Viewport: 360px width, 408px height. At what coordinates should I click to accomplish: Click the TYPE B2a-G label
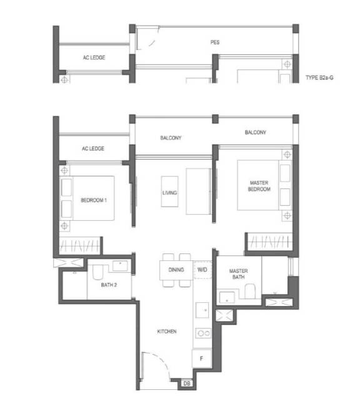coord(319,78)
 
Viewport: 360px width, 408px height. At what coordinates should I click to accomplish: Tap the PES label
coord(215,42)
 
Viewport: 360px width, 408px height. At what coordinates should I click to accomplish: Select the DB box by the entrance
coord(187,383)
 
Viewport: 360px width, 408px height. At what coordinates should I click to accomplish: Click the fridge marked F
coord(201,359)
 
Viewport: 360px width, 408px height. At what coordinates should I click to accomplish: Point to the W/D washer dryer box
coord(202,270)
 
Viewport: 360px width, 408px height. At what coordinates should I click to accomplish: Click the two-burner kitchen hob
coord(203,333)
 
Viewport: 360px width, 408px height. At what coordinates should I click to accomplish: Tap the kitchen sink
coord(202,310)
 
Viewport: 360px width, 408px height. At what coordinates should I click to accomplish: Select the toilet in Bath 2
coord(97,272)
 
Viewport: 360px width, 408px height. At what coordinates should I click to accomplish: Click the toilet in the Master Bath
coord(250,291)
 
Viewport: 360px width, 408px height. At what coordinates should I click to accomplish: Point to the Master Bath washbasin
coord(227,298)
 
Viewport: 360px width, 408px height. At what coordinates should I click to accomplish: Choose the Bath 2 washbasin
coord(120,266)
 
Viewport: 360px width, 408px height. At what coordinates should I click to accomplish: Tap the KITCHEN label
coord(167,331)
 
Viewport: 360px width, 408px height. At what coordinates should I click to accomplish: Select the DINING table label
coord(176,270)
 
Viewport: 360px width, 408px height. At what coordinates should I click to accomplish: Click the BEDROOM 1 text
coord(94,200)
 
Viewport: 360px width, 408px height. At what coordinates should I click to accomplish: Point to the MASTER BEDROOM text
coord(259,186)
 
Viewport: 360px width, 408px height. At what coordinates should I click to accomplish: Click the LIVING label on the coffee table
coord(170,193)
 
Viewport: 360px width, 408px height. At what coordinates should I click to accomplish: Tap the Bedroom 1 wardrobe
coord(80,246)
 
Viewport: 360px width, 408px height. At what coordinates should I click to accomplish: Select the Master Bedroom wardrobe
coord(270,242)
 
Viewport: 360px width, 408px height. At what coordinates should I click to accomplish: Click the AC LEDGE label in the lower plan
coord(93,148)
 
